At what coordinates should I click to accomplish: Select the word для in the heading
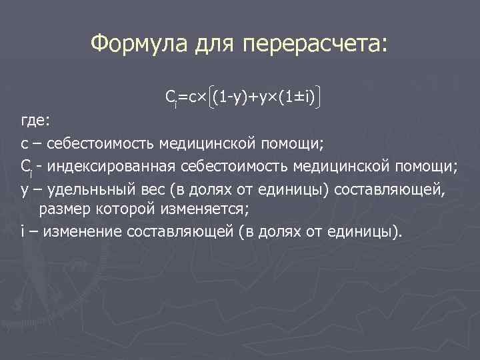coord(216,45)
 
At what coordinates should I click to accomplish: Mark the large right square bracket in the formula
coord(321,99)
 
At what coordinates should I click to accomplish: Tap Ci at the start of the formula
coord(171,99)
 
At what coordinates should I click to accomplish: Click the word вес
coord(149,189)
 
